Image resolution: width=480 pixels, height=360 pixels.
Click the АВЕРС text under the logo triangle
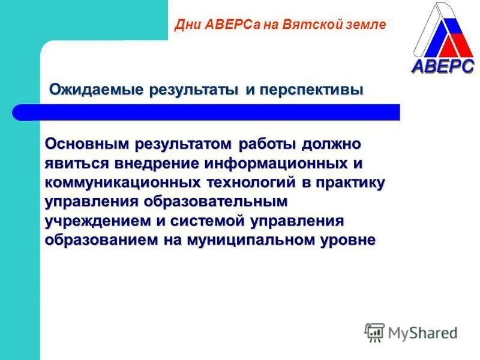443,66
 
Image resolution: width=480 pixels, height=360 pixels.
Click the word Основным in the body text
88,145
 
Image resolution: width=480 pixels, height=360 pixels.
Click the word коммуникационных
110,183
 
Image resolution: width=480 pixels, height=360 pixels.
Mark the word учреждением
97,221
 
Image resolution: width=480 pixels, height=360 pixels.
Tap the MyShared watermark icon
374,332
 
